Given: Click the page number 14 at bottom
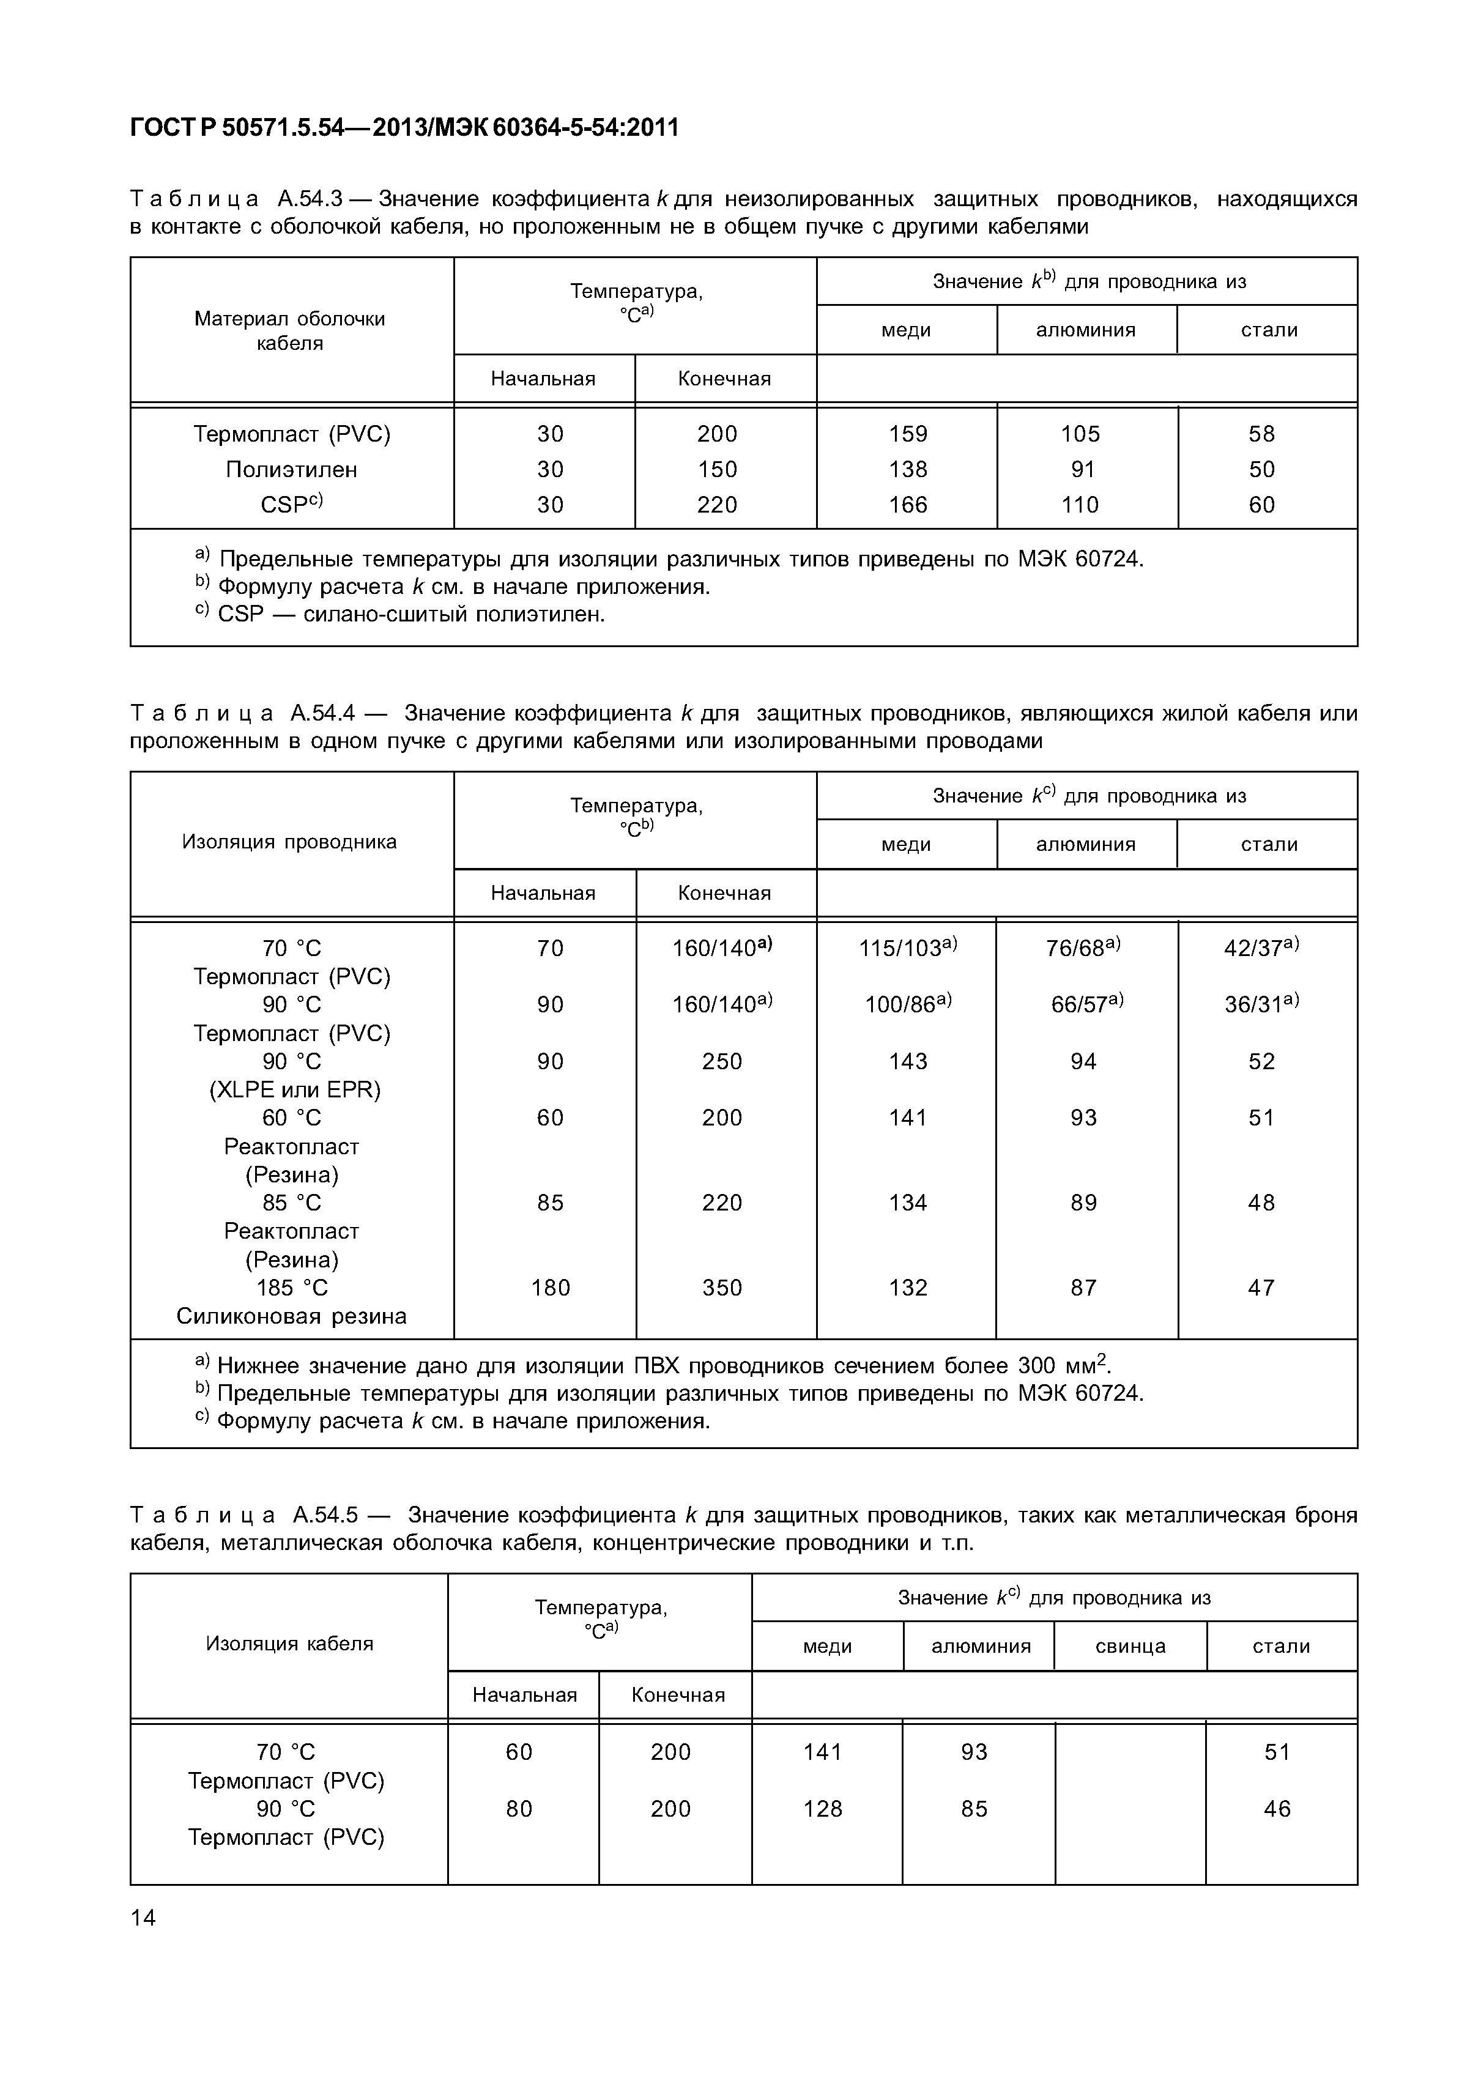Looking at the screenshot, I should tap(143, 1918).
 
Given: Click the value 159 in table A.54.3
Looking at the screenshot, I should tap(907, 434).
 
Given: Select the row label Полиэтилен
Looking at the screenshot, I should tap(291, 469).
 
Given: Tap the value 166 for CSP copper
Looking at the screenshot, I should tap(907, 505).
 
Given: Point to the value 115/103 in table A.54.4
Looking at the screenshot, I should tap(907, 948).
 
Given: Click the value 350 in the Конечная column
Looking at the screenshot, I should tap(722, 1288).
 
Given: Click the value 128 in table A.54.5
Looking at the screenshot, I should tap(822, 1809).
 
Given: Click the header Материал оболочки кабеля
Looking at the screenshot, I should tap(289, 330).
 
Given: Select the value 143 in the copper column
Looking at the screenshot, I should tap(907, 1061).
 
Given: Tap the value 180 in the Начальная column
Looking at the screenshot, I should tap(550, 1288).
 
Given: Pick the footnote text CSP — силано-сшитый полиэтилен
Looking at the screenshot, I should tap(410, 614).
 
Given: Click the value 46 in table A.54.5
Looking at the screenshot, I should tap(1277, 1809).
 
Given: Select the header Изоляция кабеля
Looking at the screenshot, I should tap(289, 1644).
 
